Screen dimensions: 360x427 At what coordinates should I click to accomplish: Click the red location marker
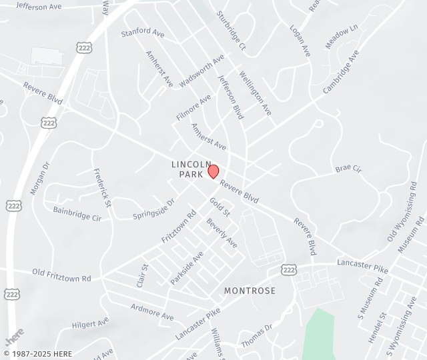(213, 171)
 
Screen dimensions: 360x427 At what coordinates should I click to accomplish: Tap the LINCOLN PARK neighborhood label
(191, 169)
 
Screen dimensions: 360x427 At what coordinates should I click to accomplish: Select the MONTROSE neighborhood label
(250, 291)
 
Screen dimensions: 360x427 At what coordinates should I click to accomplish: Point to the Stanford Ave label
(143, 33)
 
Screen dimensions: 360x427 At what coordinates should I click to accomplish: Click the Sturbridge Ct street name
(231, 31)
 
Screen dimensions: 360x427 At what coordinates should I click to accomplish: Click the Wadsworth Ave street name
(201, 71)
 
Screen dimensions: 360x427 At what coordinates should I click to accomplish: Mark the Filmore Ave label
(193, 107)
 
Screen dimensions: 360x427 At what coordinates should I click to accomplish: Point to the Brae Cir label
(348, 169)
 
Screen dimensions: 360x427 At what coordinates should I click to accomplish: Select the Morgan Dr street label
(40, 178)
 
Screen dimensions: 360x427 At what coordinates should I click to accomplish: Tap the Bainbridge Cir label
(77, 213)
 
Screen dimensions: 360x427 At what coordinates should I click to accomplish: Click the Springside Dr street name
(153, 209)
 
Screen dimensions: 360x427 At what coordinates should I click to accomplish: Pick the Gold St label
(220, 207)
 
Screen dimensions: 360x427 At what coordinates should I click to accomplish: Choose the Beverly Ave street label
(222, 233)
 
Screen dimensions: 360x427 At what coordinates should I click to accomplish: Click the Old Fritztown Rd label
(61, 274)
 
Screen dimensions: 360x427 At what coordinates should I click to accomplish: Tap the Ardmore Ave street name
(152, 311)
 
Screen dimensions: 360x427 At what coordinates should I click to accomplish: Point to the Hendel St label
(378, 325)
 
